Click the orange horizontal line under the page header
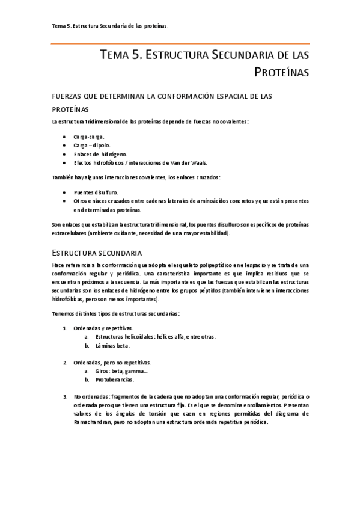(180, 43)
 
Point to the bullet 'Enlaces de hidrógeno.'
(100, 154)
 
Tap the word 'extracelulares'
(69, 233)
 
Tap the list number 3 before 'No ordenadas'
(65, 397)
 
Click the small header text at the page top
(110, 26)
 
